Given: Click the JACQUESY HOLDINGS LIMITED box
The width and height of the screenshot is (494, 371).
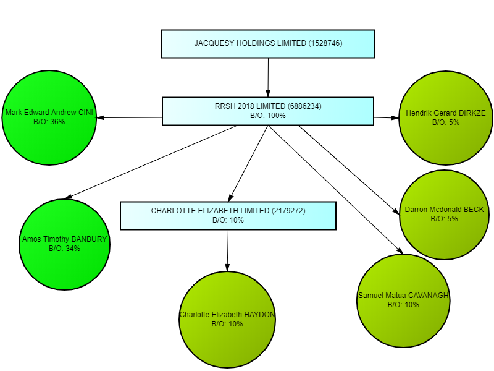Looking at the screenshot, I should click(x=268, y=44).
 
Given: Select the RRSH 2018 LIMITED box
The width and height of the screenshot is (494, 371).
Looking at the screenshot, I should click(x=268, y=111).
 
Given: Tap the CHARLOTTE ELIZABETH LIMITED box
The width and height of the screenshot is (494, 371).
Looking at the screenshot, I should click(x=228, y=215).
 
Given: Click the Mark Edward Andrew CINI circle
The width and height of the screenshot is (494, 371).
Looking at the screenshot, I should click(x=49, y=117).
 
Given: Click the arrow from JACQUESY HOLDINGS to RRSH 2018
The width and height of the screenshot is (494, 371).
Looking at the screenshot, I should click(x=268, y=77).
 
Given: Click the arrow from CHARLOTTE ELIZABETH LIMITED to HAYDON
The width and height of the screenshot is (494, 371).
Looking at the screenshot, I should click(x=228, y=250).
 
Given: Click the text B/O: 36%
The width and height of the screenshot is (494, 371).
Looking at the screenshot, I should click(x=49, y=122).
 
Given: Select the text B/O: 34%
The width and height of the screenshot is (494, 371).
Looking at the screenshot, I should click(x=65, y=249).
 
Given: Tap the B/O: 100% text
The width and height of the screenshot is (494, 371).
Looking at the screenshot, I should click(x=268, y=116).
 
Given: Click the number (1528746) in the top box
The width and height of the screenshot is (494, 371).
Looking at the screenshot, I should click(x=325, y=43).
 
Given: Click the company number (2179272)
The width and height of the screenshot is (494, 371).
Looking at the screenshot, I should click(x=289, y=211).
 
